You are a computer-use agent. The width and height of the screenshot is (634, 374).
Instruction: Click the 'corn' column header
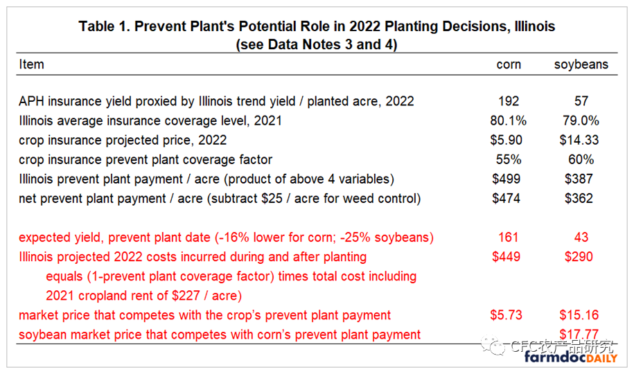click(x=509, y=64)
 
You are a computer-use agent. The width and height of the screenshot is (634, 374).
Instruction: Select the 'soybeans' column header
click(x=581, y=64)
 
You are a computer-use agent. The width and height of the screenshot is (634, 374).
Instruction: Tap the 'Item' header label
click(x=32, y=64)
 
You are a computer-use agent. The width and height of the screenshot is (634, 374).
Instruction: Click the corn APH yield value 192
click(x=509, y=101)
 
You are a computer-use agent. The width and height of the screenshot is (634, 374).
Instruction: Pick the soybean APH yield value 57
click(x=581, y=101)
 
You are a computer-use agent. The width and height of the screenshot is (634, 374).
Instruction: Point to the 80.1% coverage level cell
click(x=509, y=121)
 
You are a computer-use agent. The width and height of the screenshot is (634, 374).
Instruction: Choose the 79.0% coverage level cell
click(x=581, y=121)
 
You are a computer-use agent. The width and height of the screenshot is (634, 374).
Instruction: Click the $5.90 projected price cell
click(x=507, y=140)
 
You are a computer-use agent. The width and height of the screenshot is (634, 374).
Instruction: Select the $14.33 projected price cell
click(x=579, y=140)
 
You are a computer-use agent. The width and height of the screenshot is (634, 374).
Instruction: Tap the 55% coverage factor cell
click(x=509, y=159)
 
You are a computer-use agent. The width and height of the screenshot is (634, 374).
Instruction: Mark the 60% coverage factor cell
click(x=581, y=159)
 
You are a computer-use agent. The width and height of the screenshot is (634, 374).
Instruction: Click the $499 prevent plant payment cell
click(x=507, y=179)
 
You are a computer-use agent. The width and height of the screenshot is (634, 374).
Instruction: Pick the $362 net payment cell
click(x=579, y=198)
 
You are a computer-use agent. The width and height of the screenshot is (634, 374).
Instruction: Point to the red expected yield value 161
click(x=509, y=237)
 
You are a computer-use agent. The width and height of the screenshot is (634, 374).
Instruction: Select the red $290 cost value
click(x=579, y=256)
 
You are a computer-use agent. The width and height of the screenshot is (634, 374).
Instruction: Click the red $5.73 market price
click(x=507, y=314)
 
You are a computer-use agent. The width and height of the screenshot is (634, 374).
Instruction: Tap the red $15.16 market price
click(x=579, y=314)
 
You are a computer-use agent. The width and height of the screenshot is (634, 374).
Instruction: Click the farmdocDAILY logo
click(x=571, y=357)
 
